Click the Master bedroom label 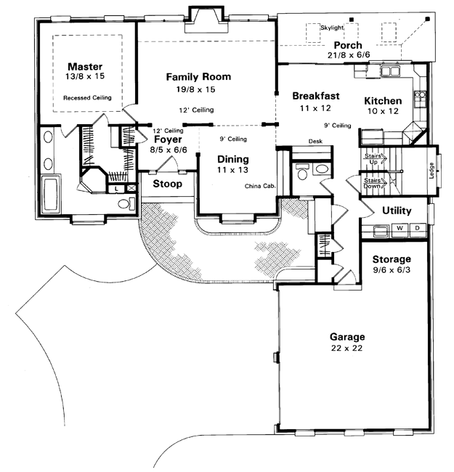click(85, 67)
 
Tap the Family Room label click(199, 77)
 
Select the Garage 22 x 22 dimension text click(346, 349)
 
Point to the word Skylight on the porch click(332, 28)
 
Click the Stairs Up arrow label click(375, 158)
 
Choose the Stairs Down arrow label click(375, 183)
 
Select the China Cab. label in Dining click(260, 186)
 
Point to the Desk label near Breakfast click(315, 141)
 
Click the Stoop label click(167, 184)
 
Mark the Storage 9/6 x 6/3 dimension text click(392, 269)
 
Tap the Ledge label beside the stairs click(431, 171)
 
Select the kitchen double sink click(390, 71)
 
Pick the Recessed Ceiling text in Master click(87, 98)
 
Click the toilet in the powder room click(301, 171)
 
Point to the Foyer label click(168, 139)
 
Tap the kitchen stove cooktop click(420, 99)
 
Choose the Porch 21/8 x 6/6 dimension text click(349, 55)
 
